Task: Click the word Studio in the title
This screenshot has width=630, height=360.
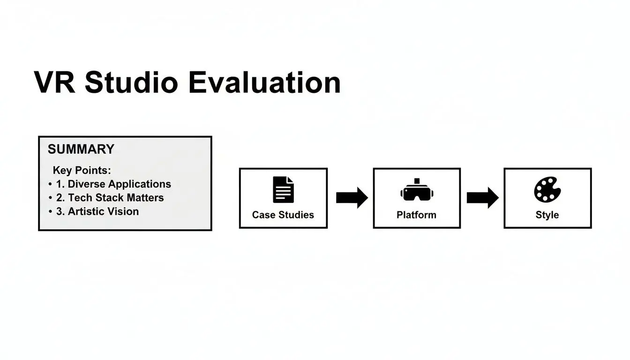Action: [131, 83]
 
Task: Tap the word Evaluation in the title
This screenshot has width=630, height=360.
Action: [264, 83]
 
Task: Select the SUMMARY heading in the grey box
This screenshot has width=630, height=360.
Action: [81, 149]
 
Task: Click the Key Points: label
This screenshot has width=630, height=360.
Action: [82, 170]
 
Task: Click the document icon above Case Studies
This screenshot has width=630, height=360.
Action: [283, 190]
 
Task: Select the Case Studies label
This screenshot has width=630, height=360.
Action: [283, 215]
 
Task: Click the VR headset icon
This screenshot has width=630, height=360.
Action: [416, 190]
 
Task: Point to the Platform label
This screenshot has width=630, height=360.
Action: [416, 215]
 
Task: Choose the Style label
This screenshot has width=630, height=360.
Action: [547, 215]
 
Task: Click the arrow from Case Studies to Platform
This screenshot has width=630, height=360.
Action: [352, 197]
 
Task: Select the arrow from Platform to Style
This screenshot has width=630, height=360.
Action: [482, 197]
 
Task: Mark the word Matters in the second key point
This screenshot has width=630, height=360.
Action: [145, 197]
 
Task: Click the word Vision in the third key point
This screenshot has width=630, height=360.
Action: [123, 211]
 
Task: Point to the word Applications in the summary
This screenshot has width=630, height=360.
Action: [140, 184]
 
